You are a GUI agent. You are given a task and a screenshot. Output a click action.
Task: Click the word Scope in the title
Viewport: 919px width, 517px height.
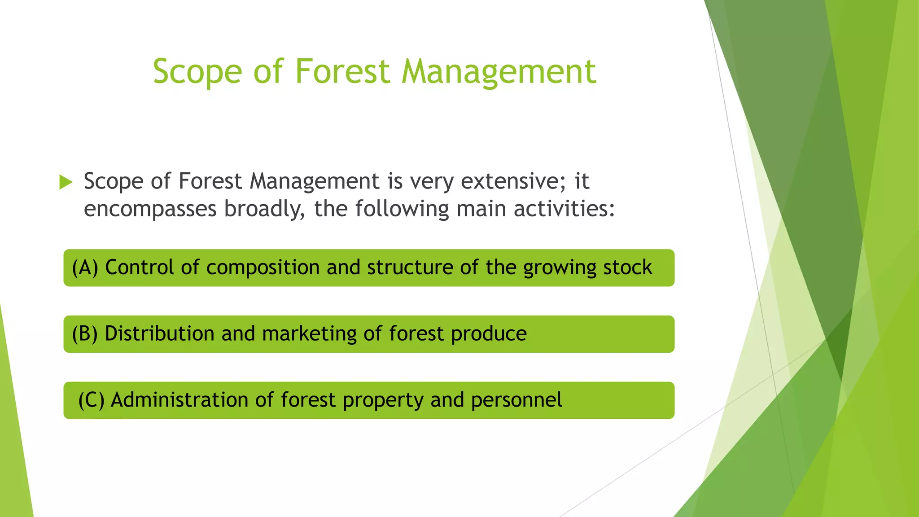click(x=197, y=72)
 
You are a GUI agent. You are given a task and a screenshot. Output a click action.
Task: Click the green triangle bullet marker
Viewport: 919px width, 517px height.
click(x=66, y=182)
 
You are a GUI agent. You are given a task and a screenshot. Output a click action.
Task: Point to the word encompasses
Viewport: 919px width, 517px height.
click(x=150, y=210)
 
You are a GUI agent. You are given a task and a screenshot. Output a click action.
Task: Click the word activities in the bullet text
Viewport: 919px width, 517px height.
click(x=563, y=209)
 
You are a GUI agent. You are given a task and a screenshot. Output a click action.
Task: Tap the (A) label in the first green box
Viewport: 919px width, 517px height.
click(x=85, y=268)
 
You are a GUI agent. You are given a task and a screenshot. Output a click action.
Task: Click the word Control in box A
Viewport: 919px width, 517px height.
click(x=139, y=267)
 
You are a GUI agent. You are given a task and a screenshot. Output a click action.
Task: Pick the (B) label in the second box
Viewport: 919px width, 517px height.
click(x=85, y=334)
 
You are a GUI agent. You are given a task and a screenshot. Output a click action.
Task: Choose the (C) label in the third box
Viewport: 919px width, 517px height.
click(x=91, y=400)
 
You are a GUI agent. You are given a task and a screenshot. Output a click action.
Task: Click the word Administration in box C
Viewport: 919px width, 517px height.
click(x=179, y=400)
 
